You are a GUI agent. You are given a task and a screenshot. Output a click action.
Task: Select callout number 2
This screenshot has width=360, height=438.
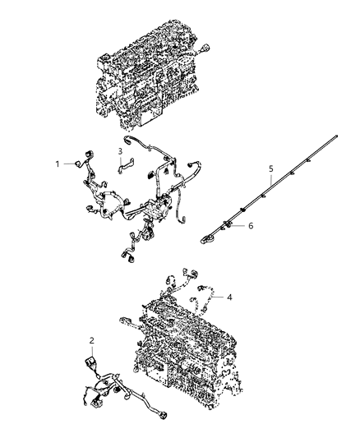[x=92, y=339]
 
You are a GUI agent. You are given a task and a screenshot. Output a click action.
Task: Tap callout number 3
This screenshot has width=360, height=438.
[x=119, y=151]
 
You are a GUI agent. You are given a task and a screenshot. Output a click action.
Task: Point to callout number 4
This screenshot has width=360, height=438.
[x=229, y=297]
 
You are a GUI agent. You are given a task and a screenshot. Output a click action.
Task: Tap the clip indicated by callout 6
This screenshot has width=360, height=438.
[x=229, y=224]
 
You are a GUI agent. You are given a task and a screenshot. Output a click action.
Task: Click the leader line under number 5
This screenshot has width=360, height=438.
[x=270, y=182]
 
